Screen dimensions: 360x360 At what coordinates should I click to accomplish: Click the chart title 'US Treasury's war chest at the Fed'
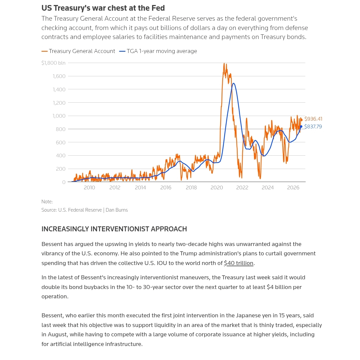pyautogui.click(x=103, y=8)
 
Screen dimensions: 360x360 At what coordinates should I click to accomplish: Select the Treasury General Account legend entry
pyautogui.click(x=78, y=51)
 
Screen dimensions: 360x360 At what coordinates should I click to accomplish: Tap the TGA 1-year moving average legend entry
pyautogui.click(x=158, y=51)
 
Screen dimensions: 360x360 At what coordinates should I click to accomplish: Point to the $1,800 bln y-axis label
pyautogui.click(x=53, y=63)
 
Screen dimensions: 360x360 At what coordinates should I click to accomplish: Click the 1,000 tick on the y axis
pyautogui.click(x=59, y=116)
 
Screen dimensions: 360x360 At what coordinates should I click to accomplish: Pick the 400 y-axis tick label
pyautogui.click(x=61, y=156)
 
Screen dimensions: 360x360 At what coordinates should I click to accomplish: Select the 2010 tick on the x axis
pyautogui.click(x=89, y=188)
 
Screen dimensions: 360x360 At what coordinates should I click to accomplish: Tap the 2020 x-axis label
pyautogui.click(x=217, y=188)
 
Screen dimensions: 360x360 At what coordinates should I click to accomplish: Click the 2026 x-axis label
pyautogui.click(x=293, y=188)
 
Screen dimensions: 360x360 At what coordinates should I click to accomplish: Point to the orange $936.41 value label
pyautogui.click(x=313, y=119)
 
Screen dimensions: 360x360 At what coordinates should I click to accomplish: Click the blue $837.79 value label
pyautogui.click(x=313, y=127)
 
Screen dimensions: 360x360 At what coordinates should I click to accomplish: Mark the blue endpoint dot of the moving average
pyautogui.click(x=301, y=127)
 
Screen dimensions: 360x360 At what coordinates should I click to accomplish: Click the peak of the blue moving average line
pyautogui.click(x=233, y=83)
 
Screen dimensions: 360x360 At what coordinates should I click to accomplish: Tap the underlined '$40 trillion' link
pyautogui.click(x=239, y=263)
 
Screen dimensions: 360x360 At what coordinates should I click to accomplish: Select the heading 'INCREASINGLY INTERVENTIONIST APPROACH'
pyautogui.click(x=114, y=229)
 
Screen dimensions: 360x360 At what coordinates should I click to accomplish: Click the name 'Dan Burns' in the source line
pyautogui.click(x=117, y=210)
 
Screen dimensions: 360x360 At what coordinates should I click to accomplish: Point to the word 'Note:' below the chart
pyautogui.click(x=47, y=202)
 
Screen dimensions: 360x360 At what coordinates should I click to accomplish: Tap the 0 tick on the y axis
pyautogui.click(x=64, y=182)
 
